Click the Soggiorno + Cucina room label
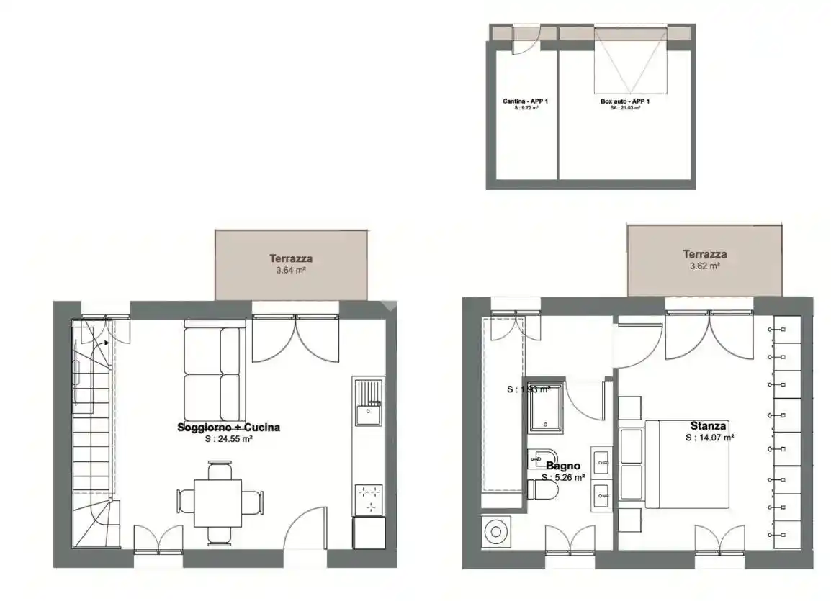pyautogui.click(x=228, y=428)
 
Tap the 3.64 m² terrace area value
pyautogui.click(x=291, y=271)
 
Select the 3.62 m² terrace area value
pyautogui.click(x=704, y=266)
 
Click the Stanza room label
pyautogui.click(x=708, y=425)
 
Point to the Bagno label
pyautogui.click(x=564, y=465)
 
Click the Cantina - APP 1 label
pyautogui.click(x=526, y=101)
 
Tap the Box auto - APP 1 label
pyautogui.click(x=625, y=101)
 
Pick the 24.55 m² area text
pyautogui.click(x=228, y=438)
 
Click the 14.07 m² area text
pyautogui.click(x=709, y=437)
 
